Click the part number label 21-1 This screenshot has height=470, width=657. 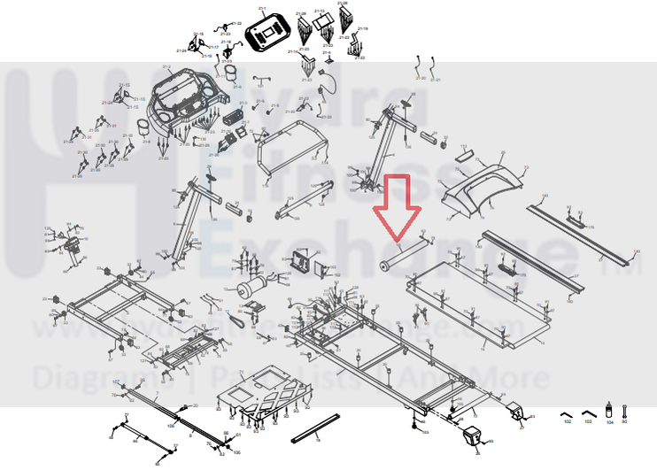point(261,8)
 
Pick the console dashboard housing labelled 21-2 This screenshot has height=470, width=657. point(182,102)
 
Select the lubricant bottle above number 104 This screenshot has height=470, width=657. point(609,412)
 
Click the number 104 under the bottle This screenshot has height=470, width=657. point(609,423)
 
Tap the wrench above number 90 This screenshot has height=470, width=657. point(625,411)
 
